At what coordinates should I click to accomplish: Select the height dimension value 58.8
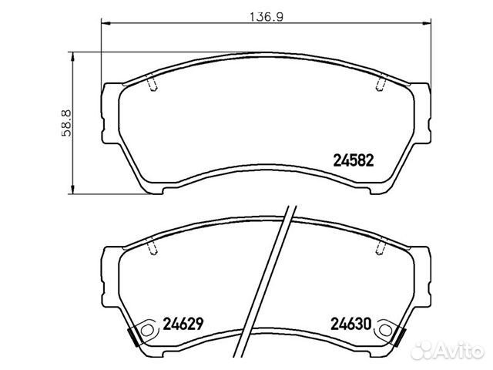[x=67, y=123]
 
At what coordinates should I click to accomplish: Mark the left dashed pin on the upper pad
[x=151, y=83]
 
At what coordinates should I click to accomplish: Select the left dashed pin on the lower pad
[x=152, y=247]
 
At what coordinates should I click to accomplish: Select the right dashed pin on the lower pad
[x=381, y=247]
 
